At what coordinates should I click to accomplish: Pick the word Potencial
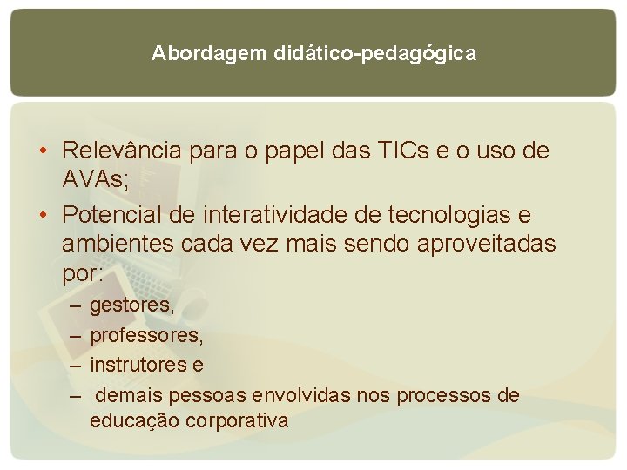tap(117, 214)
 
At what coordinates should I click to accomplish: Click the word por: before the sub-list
tap(83, 274)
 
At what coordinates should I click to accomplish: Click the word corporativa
tap(243, 421)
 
